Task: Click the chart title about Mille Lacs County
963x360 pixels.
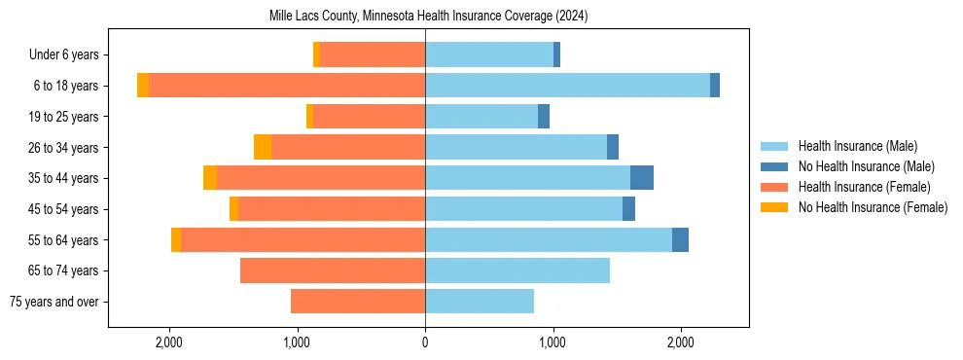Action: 428,17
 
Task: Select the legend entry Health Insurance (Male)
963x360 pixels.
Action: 857,146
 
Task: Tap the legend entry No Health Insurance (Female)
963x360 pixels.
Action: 873,207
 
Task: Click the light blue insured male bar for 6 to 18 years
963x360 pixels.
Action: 567,86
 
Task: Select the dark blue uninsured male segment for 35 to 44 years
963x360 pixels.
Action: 642,178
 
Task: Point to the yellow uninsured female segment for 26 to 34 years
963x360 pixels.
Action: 263,147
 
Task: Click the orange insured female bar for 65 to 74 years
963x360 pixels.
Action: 333,270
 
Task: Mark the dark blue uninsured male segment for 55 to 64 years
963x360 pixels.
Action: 680,239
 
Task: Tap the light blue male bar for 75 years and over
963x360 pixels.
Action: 480,302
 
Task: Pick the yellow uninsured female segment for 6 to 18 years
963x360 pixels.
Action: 143,86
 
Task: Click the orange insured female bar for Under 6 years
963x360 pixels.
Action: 373,55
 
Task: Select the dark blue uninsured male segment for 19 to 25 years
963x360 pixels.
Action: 544,117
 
